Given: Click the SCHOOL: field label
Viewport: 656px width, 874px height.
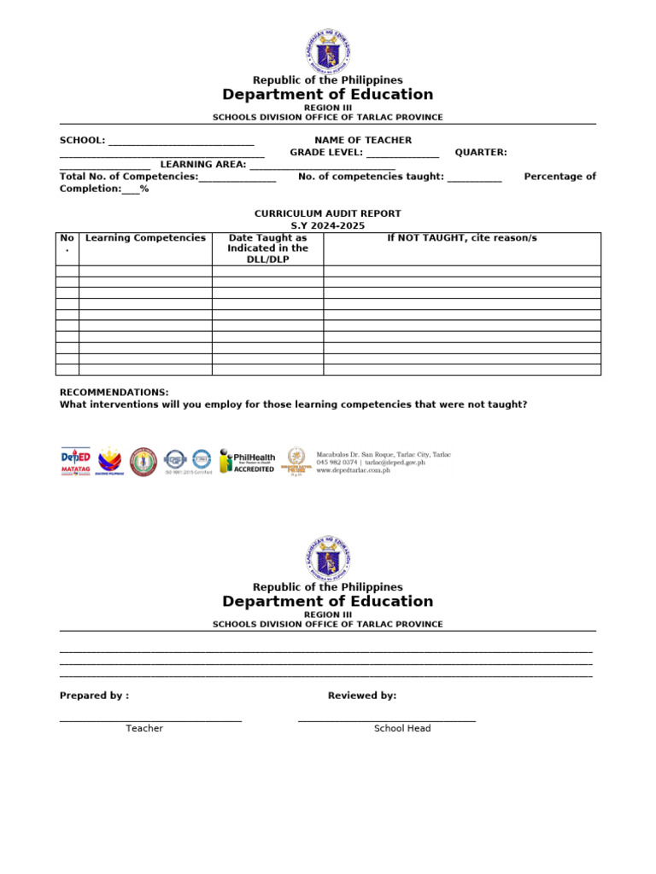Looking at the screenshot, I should pos(82,140).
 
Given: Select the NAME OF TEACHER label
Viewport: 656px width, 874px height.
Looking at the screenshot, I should pos(363,140).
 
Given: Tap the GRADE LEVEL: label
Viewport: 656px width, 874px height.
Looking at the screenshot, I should pos(326,153).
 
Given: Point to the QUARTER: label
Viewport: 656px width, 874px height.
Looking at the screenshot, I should pos(480,153).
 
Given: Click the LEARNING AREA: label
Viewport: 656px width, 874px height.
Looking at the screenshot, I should pos(203,165).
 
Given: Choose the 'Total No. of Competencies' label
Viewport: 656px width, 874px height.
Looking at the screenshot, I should pos(128,177).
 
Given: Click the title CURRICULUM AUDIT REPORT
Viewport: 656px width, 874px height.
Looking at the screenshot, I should pos(327,213).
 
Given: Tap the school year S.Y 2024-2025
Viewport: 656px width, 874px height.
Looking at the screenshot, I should pos(327,225).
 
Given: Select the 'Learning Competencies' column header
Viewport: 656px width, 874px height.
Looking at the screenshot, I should pos(145,238).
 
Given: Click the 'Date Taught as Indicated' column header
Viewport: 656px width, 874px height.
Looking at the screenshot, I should pos(267,248).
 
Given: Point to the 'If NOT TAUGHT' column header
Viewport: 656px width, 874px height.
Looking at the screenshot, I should pos(461,238).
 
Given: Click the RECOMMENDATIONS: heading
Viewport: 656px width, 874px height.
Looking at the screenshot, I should pos(114,392).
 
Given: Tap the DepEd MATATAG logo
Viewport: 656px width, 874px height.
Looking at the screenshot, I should pos(75,461).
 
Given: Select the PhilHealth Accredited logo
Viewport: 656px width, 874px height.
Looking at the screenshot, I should pos(247,461).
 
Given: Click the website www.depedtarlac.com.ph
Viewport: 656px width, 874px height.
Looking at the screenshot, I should pos(353,470).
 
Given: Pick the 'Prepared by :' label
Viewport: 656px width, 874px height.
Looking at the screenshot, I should pos(94,696).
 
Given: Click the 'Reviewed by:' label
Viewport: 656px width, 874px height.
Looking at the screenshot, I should pos(362,696).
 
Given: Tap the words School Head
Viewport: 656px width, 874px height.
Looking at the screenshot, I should pos(402,728).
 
